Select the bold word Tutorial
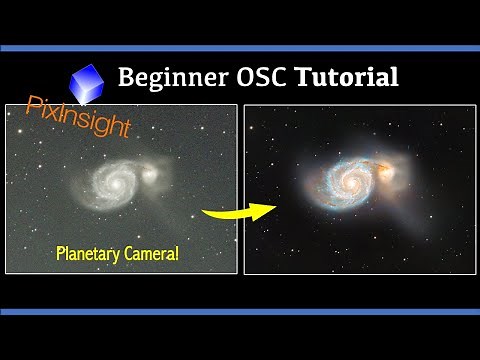click(x=346, y=77)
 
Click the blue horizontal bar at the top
click(x=240, y=46)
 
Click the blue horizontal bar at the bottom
click(x=240, y=313)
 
